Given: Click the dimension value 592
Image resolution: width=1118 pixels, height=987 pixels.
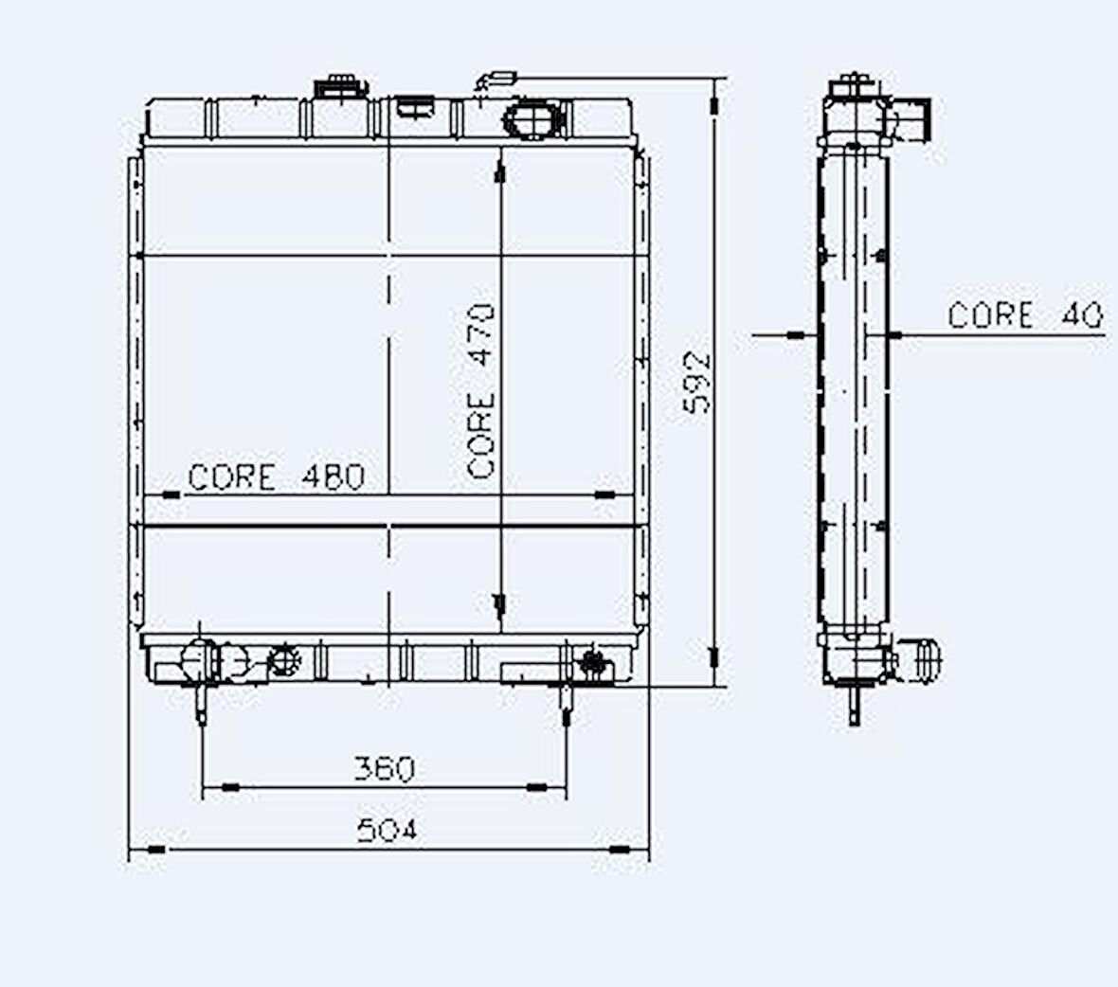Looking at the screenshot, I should click(x=698, y=382).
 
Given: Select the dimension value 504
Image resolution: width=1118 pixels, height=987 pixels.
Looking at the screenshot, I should click(x=387, y=830).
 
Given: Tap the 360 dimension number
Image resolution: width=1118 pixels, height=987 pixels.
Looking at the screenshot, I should click(x=384, y=768).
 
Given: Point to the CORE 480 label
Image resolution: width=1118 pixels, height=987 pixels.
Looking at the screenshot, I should click(x=276, y=476).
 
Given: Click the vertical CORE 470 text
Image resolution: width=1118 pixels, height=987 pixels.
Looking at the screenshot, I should click(x=482, y=390).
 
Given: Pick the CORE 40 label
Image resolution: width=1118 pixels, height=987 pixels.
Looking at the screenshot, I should click(x=1025, y=314).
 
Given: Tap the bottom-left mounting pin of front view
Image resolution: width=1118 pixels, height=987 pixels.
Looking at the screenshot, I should click(x=202, y=704).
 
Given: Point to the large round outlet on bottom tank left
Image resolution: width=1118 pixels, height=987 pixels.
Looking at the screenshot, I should click(x=201, y=659).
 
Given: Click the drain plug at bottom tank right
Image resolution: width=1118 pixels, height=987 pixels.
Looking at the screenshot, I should click(x=592, y=661).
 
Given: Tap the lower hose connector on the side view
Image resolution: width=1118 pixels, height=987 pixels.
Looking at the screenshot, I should click(x=923, y=659).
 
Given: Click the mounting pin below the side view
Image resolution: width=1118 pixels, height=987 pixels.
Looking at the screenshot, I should click(x=855, y=706).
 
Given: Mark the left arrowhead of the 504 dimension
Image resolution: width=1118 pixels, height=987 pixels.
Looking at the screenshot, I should click(x=153, y=850).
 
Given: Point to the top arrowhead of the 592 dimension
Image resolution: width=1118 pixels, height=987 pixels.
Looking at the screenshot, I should click(x=715, y=98).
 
